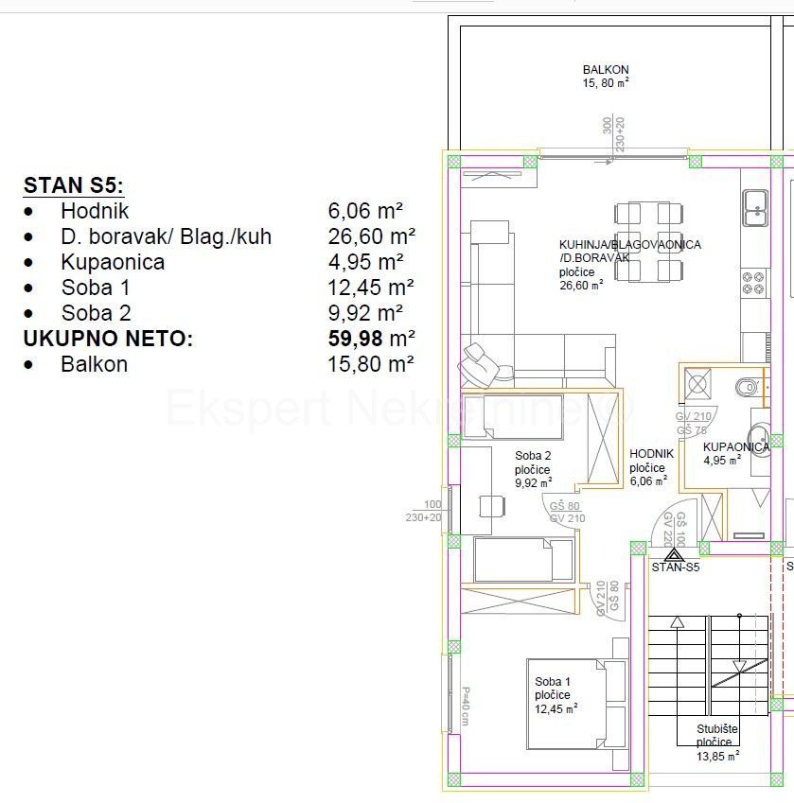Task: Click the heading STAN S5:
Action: point(74,184)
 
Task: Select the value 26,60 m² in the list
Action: point(371,236)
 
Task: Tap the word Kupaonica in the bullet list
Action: point(113,262)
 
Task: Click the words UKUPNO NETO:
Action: point(108,339)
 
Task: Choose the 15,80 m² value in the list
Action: point(371,364)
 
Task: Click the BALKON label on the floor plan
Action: point(606,70)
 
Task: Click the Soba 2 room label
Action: point(533,455)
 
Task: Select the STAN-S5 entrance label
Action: point(675,567)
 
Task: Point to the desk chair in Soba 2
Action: point(491,505)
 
